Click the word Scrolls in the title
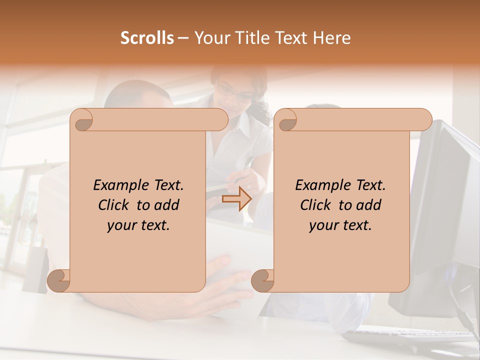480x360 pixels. click(147, 38)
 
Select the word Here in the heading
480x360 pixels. click(331, 38)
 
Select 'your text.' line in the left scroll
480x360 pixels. click(138, 225)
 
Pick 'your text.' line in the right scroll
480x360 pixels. click(340, 225)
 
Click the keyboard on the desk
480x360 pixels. click(410, 337)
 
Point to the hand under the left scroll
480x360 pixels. click(225, 295)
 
